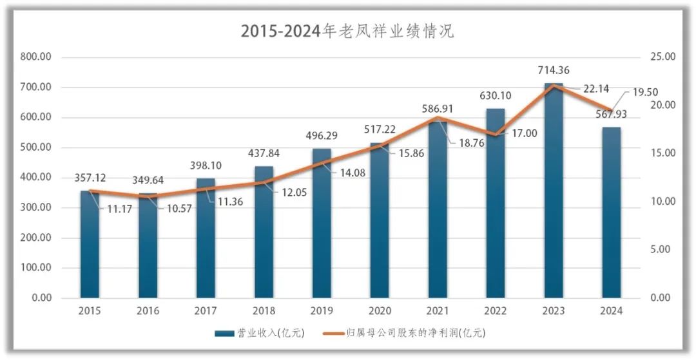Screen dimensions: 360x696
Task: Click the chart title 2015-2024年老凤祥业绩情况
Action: (x=347, y=31)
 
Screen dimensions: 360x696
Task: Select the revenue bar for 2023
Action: (x=554, y=193)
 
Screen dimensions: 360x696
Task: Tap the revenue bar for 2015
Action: (x=90, y=245)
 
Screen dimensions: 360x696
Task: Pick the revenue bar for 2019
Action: (x=322, y=225)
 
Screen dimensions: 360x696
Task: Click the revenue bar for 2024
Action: (x=612, y=213)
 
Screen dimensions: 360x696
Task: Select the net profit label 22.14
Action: (x=596, y=90)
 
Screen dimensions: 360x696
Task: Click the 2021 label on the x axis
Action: (x=438, y=310)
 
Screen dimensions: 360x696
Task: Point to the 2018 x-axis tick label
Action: (x=264, y=310)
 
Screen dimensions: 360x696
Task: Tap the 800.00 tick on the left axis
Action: (x=36, y=57)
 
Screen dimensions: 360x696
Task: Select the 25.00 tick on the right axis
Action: (x=662, y=57)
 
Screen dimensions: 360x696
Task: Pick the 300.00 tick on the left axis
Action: (x=36, y=207)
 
